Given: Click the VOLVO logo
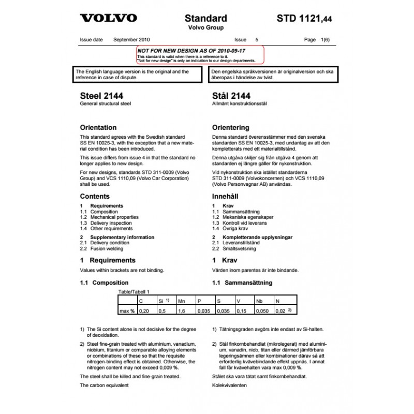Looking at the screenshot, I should (109, 18).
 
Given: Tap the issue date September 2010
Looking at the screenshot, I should (131, 39).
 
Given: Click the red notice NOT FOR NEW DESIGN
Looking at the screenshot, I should (191, 51).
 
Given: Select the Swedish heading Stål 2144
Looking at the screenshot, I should (231, 96).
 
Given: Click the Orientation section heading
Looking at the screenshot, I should (106, 127).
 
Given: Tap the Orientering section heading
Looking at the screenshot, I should (230, 127).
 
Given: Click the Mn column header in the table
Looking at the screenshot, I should (182, 300).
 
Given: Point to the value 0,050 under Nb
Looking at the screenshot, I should (263, 311).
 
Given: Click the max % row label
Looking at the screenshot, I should (127, 311).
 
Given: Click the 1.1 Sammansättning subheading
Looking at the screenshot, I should (242, 283).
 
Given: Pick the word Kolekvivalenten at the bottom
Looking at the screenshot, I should (230, 386).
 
